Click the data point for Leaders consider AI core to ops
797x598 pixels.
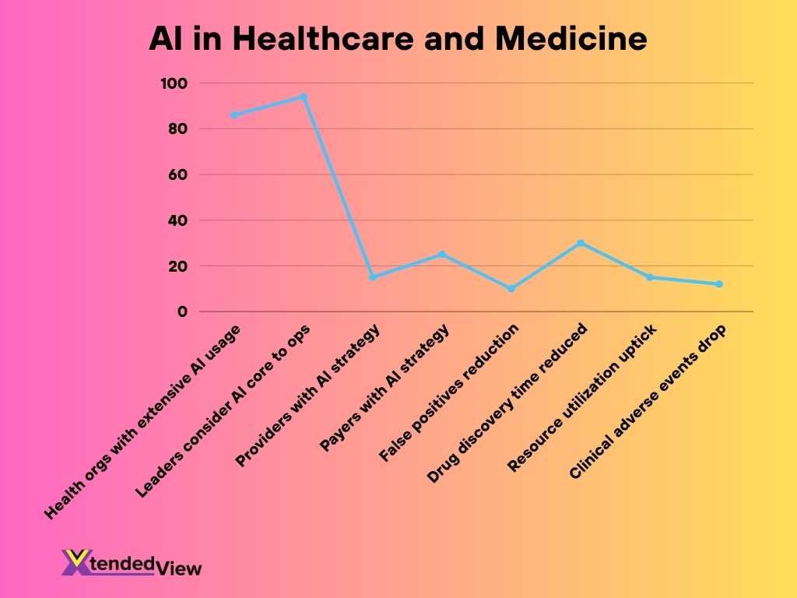pos(304,97)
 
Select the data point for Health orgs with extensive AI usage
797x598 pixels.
pos(234,114)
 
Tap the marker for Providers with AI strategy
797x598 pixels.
pos(373,277)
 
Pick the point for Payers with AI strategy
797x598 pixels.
pos(442,255)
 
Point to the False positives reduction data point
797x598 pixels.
pos(511,289)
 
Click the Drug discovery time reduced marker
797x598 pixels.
pos(581,243)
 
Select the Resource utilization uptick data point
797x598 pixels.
pos(650,277)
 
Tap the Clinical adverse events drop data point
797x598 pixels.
pos(719,284)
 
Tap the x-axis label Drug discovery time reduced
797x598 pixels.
pos(508,403)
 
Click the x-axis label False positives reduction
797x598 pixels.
pos(449,393)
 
